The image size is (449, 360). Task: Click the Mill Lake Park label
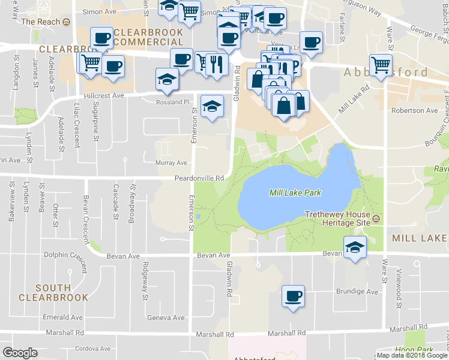click(295, 193)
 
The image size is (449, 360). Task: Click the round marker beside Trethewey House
click(376, 217)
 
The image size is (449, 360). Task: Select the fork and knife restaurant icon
click(216, 64)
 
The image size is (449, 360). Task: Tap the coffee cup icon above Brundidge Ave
click(293, 296)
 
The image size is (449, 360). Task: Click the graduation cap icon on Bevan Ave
click(355, 247)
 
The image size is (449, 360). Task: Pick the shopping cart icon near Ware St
click(381, 65)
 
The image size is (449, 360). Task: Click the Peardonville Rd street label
click(199, 178)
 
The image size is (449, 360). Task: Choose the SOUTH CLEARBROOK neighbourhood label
click(53, 293)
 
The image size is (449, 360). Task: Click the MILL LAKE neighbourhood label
click(420, 238)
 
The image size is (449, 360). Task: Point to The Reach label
click(41, 22)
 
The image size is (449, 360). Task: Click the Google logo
click(20, 353)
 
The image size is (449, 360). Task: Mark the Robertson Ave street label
click(415, 110)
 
